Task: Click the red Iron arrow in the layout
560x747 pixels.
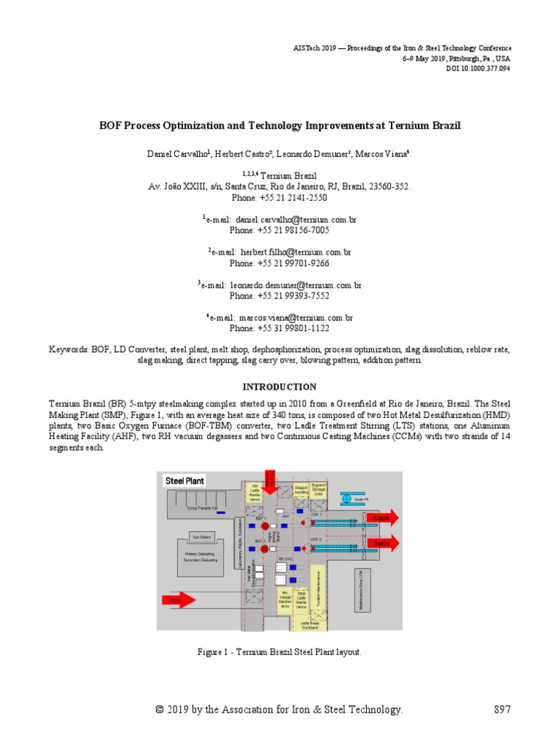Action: coord(178,600)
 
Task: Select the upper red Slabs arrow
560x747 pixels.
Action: coord(383,518)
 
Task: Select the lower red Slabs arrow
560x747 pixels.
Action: coord(383,543)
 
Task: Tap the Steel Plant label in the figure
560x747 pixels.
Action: coord(185,481)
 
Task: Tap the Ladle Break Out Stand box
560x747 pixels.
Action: coord(308,625)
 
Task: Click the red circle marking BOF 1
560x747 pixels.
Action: coord(264,525)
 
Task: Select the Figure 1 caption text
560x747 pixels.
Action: coord(280,652)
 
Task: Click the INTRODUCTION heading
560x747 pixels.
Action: coord(279,387)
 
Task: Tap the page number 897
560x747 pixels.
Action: coord(502,710)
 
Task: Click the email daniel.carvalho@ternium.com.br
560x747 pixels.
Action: coord(296,219)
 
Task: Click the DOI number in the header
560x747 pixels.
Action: coord(478,69)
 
